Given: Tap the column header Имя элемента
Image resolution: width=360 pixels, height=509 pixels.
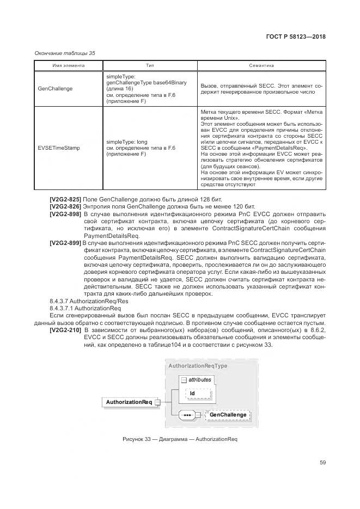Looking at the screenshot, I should (69, 66).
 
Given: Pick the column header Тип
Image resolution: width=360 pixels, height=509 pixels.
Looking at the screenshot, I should (150, 66).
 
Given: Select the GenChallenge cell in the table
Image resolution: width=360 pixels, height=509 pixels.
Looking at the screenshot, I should (55, 89).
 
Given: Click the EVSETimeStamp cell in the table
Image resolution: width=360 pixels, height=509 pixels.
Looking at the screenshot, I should (58, 148).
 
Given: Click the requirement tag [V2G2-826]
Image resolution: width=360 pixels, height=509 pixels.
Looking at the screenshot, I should (65, 207).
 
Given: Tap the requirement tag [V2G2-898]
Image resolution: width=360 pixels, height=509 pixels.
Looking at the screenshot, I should (65, 215).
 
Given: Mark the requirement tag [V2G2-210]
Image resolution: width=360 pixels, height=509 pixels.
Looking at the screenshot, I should (65, 330).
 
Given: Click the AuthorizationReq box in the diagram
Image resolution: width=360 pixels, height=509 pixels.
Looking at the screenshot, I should (129, 402).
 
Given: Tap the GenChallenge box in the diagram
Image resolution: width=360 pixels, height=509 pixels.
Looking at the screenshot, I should (228, 415).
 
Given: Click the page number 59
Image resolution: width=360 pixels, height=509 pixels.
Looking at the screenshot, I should (322, 463).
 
